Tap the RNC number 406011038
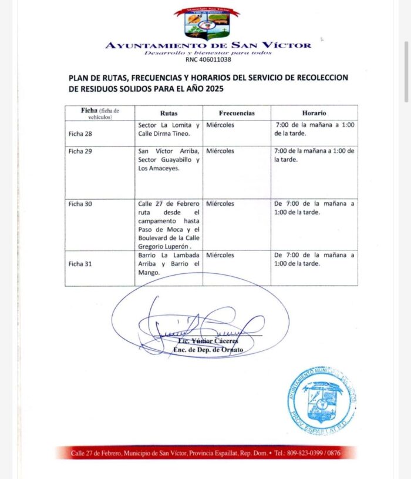coord(208,59)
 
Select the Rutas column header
coord(169,113)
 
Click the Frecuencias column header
coord(237,113)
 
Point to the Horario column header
coord(314,113)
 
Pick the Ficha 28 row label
coord(80,134)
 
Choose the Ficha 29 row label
coord(80,151)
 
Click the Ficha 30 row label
coord(80,204)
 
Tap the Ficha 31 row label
coord(80,264)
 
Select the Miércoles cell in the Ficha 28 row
coord(220,125)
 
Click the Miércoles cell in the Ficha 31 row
coord(220,255)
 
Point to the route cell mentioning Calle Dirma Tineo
coord(169,129)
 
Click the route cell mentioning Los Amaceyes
coord(169,160)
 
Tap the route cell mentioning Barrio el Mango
coord(169,264)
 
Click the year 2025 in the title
coord(213,88)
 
